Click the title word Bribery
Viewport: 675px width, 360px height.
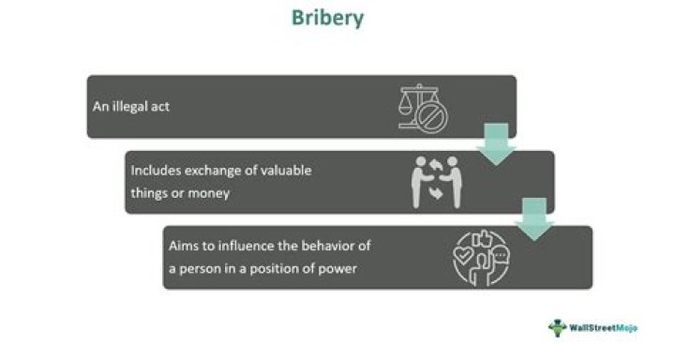click(327, 19)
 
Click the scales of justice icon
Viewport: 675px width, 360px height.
click(423, 109)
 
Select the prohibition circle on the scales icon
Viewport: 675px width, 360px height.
click(432, 117)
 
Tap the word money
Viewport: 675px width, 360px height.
click(209, 193)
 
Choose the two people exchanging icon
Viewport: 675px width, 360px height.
click(437, 182)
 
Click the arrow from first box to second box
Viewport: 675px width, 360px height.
click(496, 143)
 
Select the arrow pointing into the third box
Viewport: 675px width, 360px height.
click(534, 218)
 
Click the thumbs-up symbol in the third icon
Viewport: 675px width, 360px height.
click(482, 238)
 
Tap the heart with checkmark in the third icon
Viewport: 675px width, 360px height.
click(464, 256)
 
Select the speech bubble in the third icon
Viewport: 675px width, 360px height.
click(501, 256)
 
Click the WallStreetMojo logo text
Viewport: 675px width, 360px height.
click(603, 328)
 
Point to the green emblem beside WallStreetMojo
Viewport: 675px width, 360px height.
click(557, 328)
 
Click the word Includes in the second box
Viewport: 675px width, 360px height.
click(156, 170)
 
